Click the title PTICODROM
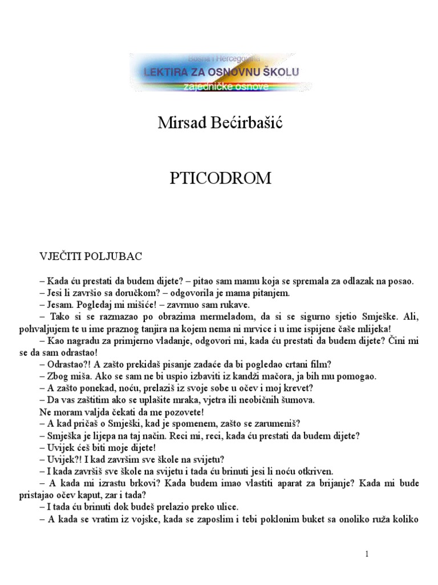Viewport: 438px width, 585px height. click(x=221, y=179)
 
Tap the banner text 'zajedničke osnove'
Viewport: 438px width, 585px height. click(x=223, y=86)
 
